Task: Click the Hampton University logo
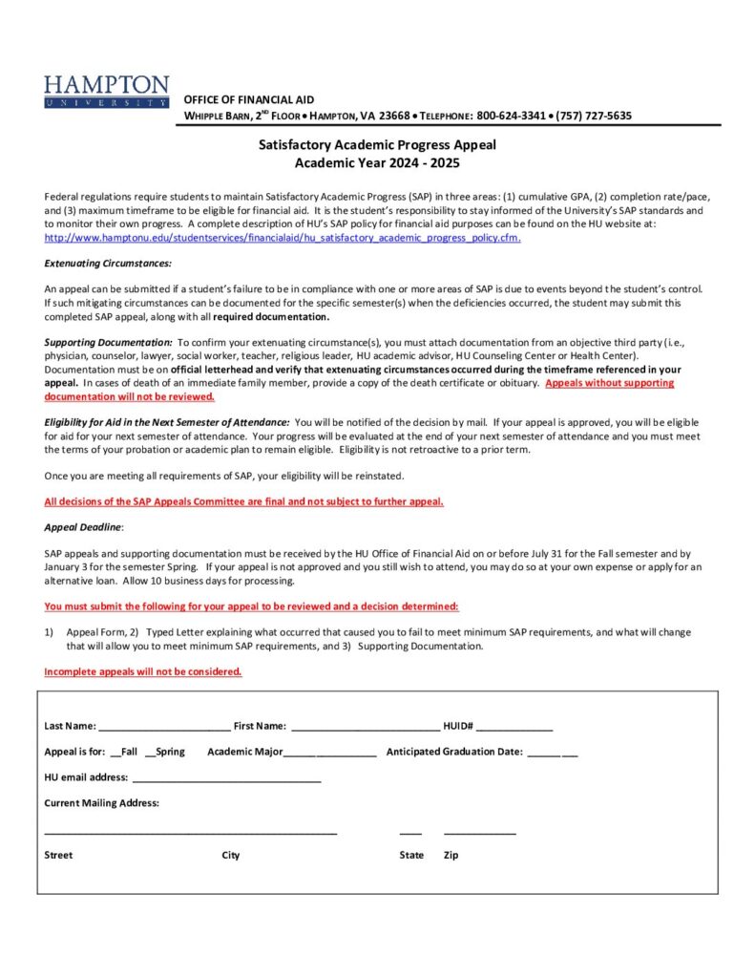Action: tap(106, 92)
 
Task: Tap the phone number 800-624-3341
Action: tap(511, 116)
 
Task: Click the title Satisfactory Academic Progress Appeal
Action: tap(378, 145)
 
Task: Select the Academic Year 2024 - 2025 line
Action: tap(377, 162)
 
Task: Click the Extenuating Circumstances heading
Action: tap(108, 263)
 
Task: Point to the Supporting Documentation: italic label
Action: tap(108, 342)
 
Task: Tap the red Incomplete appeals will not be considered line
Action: tap(143, 671)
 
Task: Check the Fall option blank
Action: tap(115, 753)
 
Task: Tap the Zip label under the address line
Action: tap(451, 855)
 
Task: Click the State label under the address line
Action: tap(411, 855)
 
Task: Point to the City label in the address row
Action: tap(231, 855)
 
